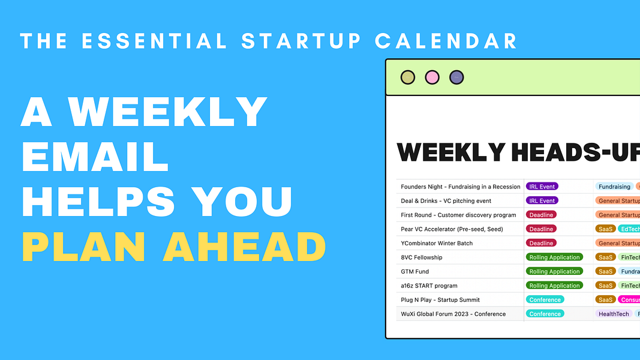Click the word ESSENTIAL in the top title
(x=154, y=41)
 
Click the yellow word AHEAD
(x=244, y=247)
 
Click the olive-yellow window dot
(x=408, y=77)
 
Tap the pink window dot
(x=432, y=77)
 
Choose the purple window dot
(x=456, y=77)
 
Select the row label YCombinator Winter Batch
(x=437, y=243)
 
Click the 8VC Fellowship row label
(x=422, y=257)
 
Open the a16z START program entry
(x=429, y=286)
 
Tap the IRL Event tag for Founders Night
(x=542, y=187)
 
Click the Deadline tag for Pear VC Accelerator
(x=541, y=229)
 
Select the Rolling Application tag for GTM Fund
(x=554, y=272)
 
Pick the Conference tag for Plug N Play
(x=545, y=300)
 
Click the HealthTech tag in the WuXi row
(x=614, y=314)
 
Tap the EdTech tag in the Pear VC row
(x=630, y=229)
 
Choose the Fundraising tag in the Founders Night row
(x=614, y=187)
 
